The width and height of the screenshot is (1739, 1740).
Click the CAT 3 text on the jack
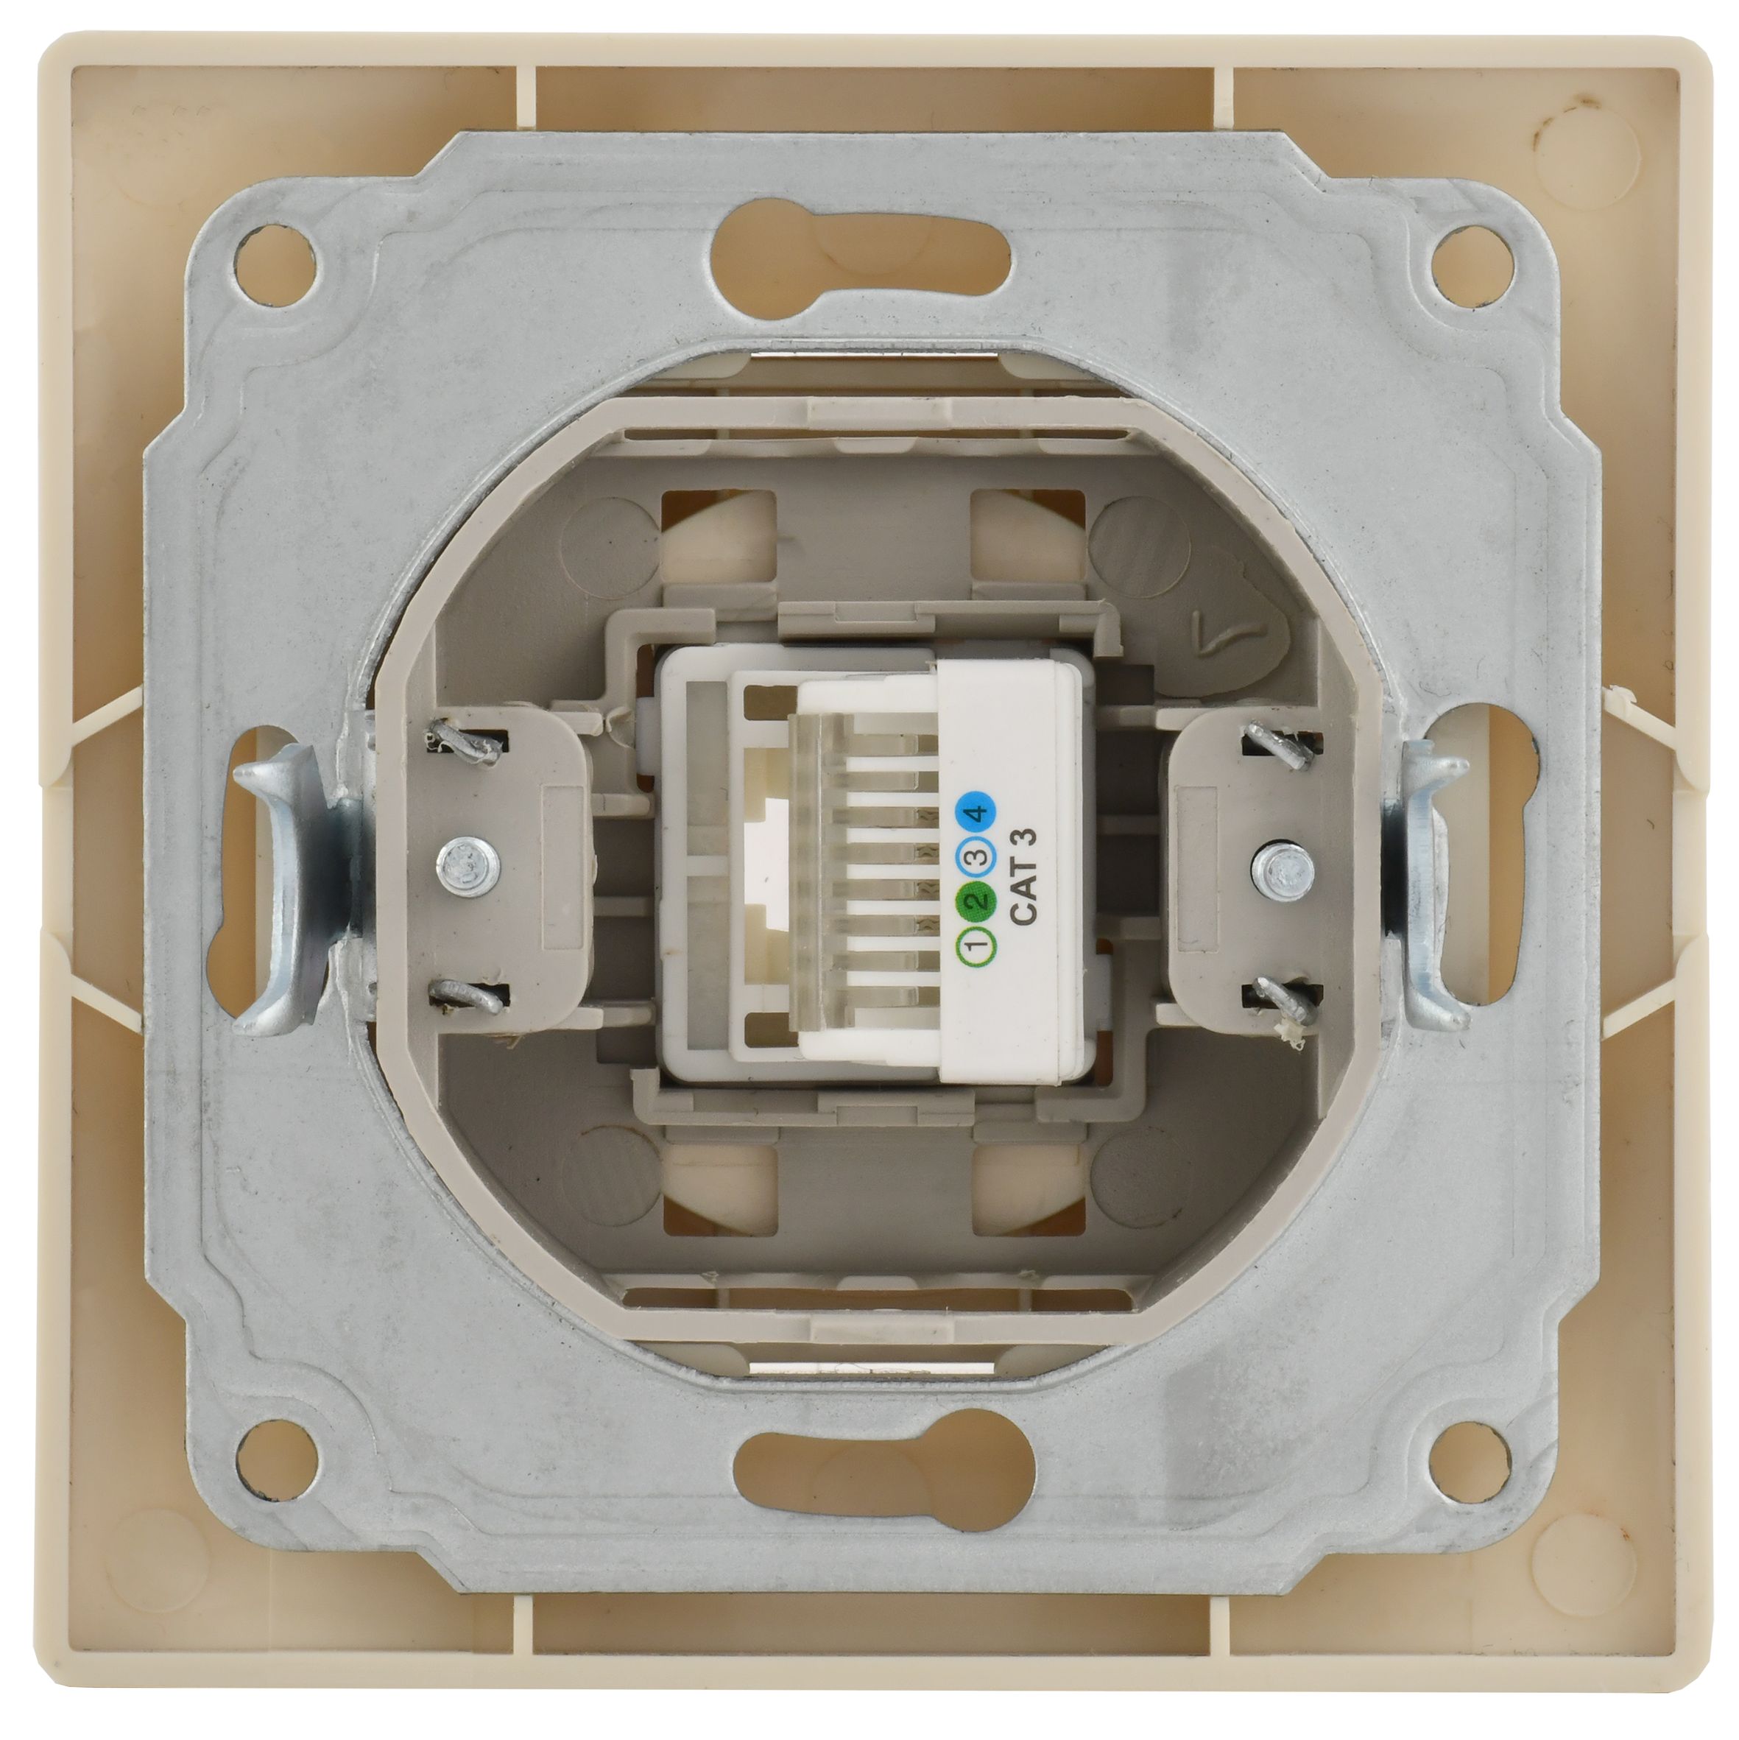(x=1026, y=876)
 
